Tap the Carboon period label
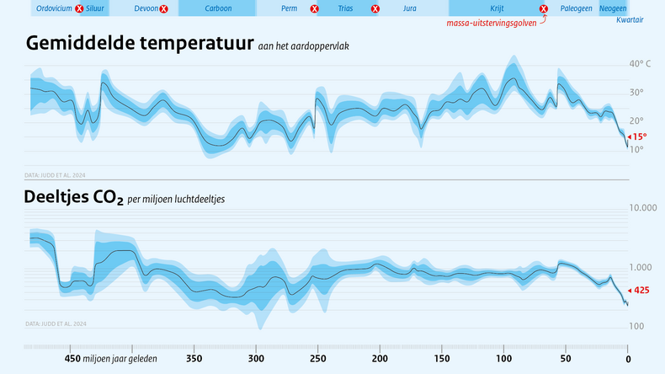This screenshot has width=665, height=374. (x=218, y=8)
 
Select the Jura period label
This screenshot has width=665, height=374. (x=410, y=8)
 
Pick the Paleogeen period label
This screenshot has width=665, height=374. (x=577, y=8)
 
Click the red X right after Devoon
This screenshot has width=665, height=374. (x=163, y=9)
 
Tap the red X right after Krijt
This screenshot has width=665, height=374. (x=544, y=9)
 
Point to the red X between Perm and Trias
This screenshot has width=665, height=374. (x=314, y=9)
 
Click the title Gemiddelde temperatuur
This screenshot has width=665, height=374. (x=139, y=43)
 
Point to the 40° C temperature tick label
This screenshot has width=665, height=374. (x=640, y=64)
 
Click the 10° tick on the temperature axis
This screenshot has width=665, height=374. (x=636, y=150)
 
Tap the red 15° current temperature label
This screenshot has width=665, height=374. (x=639, y=136)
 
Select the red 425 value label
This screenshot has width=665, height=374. (x=640, y=290)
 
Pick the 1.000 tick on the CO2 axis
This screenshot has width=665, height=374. (x=641, y=268)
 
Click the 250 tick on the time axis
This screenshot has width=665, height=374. (x=318, y=358)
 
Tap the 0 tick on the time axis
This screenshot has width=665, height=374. (x=628, y=358)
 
